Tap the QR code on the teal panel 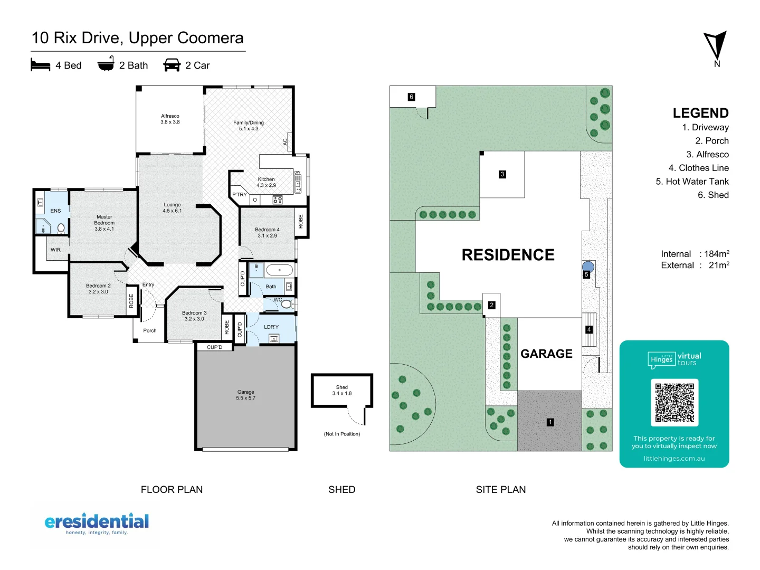pyautogui.click(x=674, y=402)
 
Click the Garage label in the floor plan pyautogui.click(x=245, y=395)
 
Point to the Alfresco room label pyautogui.click(x=170, y=119)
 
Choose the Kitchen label pyautogui.click(x=266, y=182)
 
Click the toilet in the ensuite pyautogui.click(x=61, y=228)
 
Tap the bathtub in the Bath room pyautogui.click(x=279, y=270)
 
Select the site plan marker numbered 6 pyautogui.click(x=411, y=97)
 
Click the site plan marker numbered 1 pyautogui.click(x=550, y=422)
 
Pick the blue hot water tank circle pyautogui.click(x=588, y=267)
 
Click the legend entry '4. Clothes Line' pyautogui.click(x=698, y=168)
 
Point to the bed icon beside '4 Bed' pyautogui.click(x=41, y=65)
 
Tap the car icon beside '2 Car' pyautogui.click(x=172, y=65)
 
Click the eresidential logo pyautogui.click(x=97, y=523)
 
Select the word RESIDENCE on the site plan pyautogui.click(x=508, y=255)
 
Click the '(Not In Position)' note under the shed pyautogui.click(x=341, y=434)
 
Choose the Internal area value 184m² pyautogui.click(x=716, y=254)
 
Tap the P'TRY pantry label pyautogui.click(x=239, y=195)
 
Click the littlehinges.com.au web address pyautogui.click(x=674, y=459)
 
